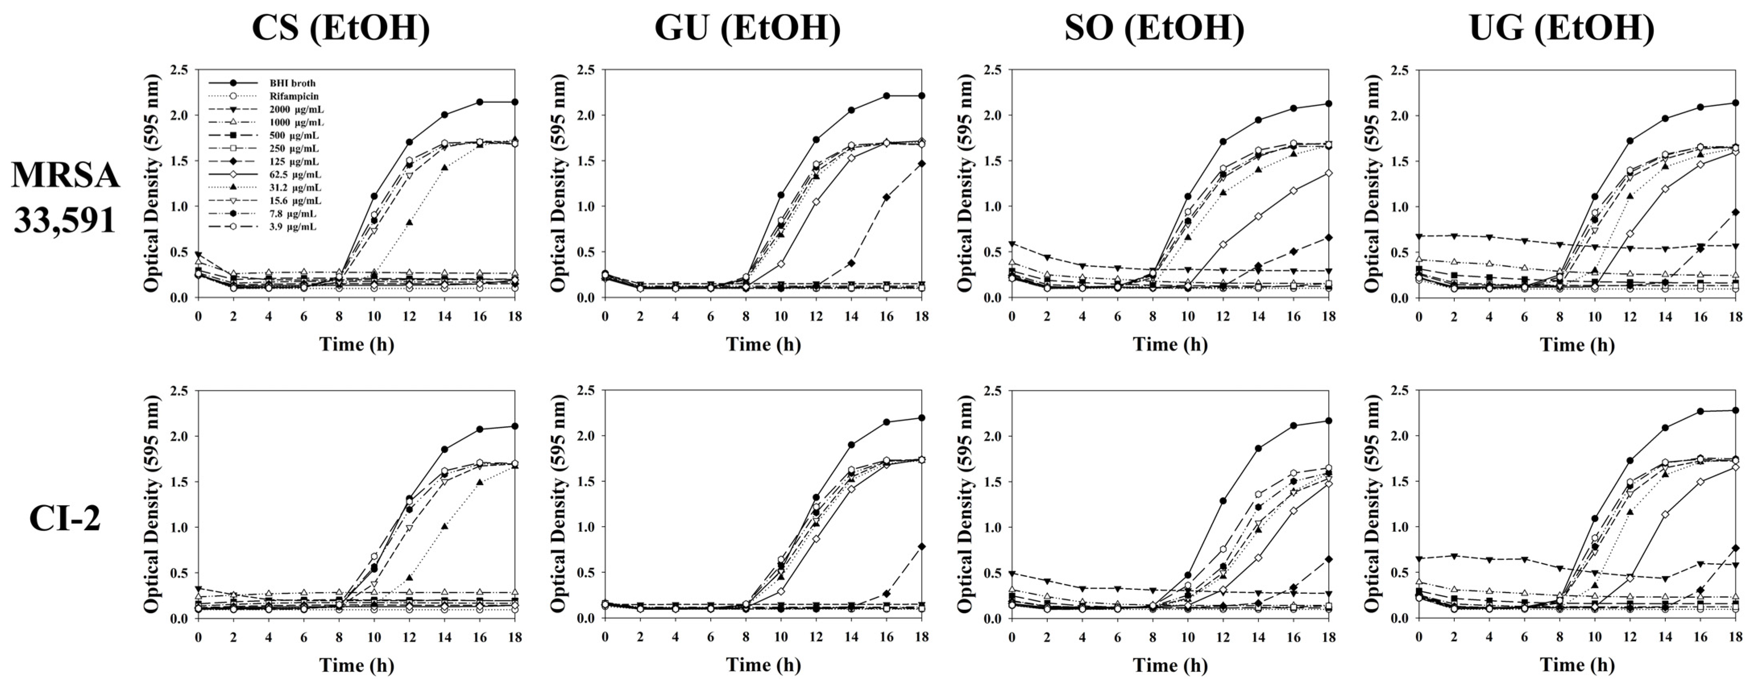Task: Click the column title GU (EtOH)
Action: pos(747,29)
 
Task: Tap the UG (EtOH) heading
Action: pos(1561,29)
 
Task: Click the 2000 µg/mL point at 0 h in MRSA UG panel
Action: pos(1418,236)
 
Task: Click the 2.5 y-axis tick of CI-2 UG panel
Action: pos(1400,391)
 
